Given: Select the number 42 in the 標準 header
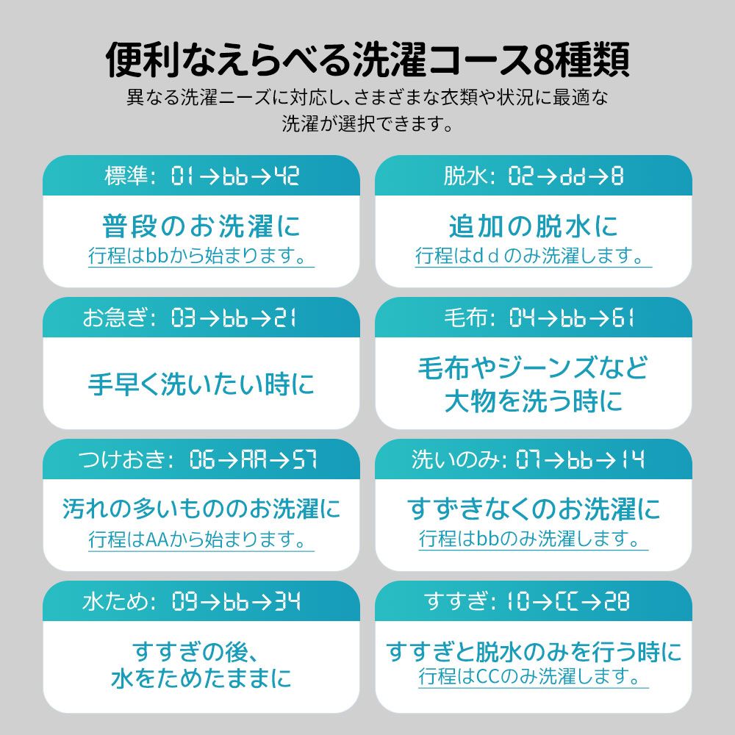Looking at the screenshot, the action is point(287,176).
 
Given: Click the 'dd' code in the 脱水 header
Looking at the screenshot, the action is point(573,176).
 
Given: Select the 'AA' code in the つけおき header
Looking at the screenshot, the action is point(254,459).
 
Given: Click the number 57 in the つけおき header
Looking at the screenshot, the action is point(305,459).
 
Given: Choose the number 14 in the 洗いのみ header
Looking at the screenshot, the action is point(633,459).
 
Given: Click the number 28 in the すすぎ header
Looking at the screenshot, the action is point(617,601).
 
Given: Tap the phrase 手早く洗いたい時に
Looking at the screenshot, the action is point(201,384).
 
